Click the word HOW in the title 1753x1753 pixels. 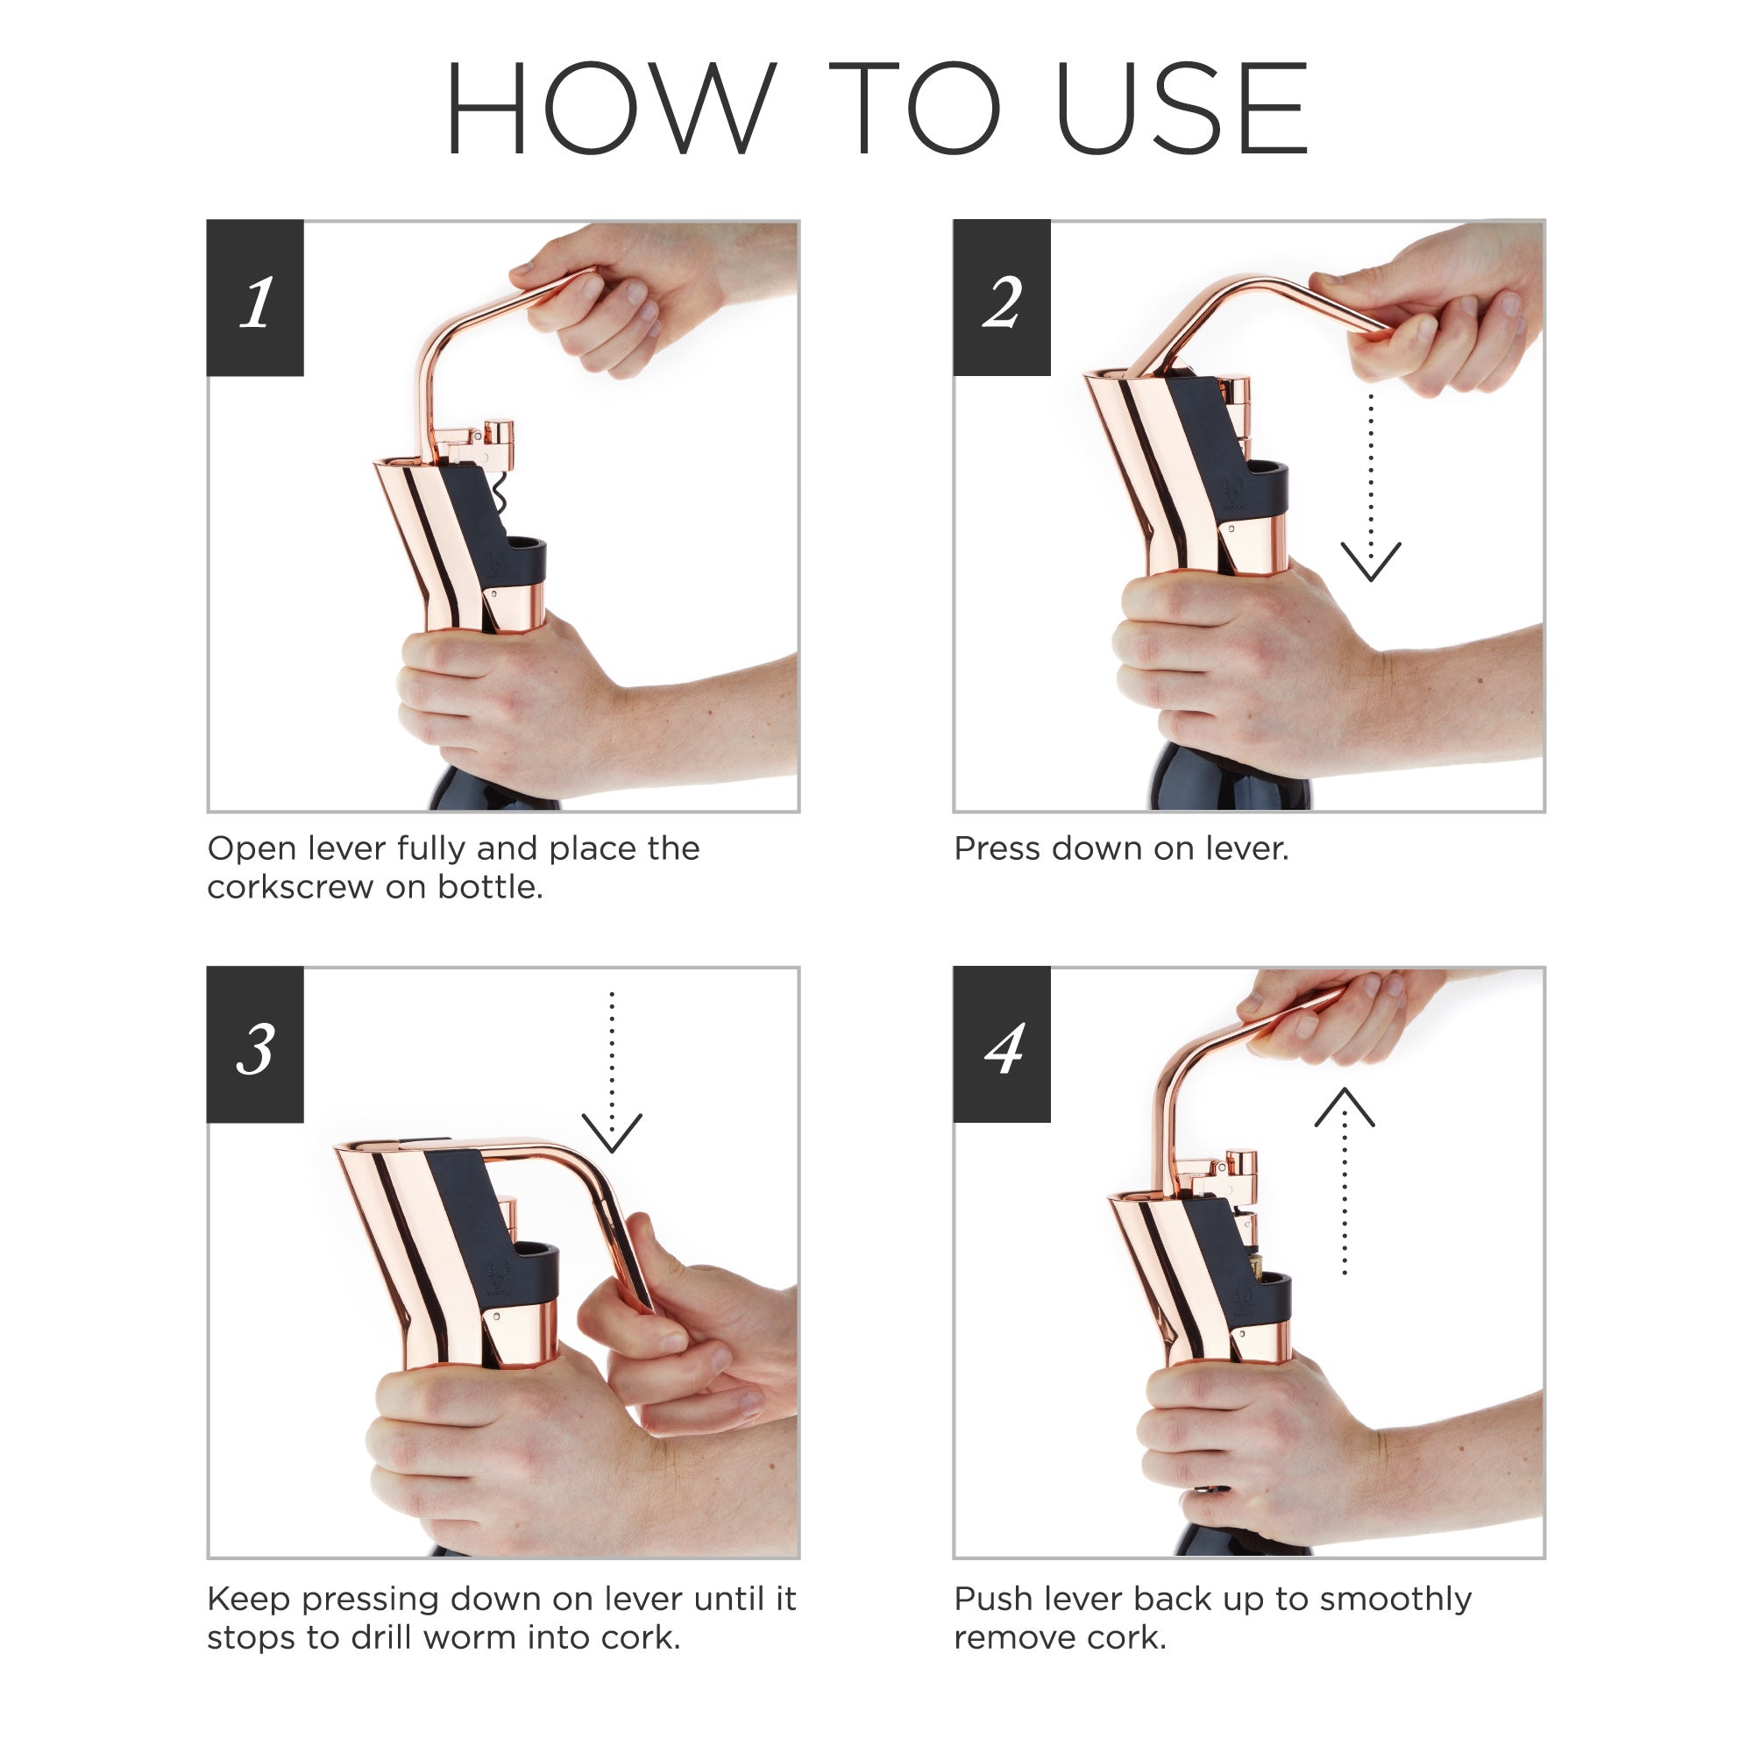(x=611, y=108)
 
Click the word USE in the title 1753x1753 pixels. (x=1182, y=108)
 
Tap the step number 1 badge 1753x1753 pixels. (x=255, y=298)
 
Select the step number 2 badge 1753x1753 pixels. (x=1002, y=298)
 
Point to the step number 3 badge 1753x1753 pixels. (x=255, y=1045)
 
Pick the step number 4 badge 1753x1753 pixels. (x=1002, y=1045)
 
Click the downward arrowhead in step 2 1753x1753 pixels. (x=1371, y=562)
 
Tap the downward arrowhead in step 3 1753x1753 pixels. (x=612, y=1133)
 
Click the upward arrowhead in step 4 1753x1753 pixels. (x=1345, y=1107)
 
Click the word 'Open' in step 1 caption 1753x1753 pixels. (x=253, y=850)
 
